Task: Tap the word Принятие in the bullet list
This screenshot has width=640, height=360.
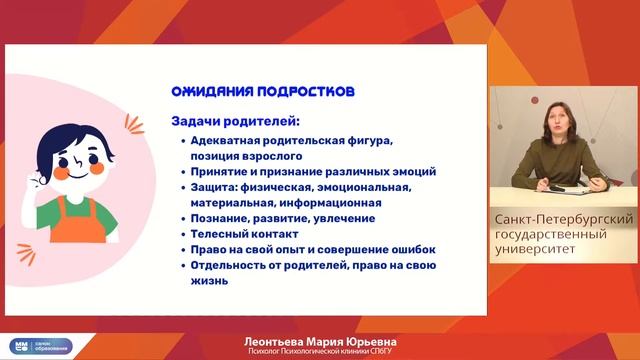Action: click(x=220, y=171)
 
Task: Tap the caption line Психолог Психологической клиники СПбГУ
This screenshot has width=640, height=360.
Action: click(x=319, y=352)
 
